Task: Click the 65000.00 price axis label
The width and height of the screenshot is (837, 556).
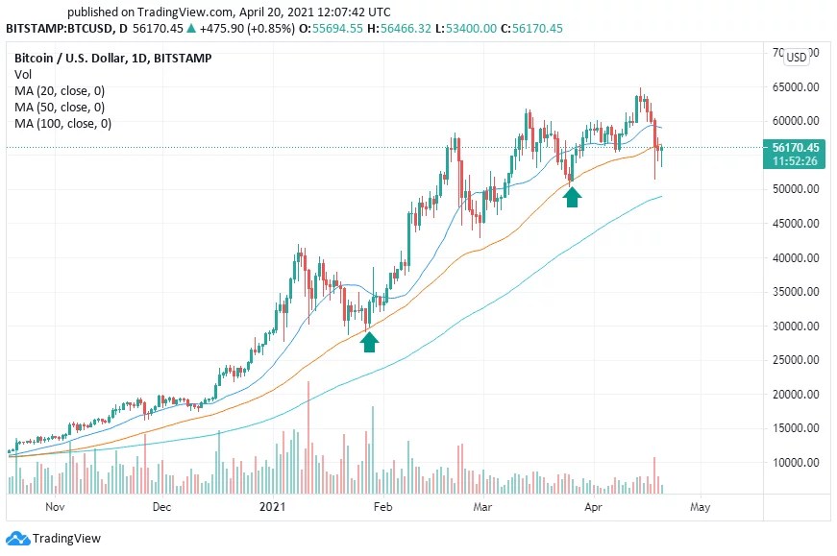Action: [x=798, y=86]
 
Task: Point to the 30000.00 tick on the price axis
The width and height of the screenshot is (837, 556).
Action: [x=798, y=326]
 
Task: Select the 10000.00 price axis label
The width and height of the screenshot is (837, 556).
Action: [x=798, y=462]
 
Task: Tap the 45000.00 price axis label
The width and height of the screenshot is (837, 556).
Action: [x=798, y=223]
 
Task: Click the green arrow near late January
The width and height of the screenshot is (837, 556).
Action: [x=369, y=341]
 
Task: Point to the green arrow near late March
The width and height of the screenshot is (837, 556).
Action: [x=572, y=197]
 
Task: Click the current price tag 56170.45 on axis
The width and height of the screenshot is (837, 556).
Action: [x=795, y=147]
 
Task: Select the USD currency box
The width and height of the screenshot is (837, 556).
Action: [x=797, y=57]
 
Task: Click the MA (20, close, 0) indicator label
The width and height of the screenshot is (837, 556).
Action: [x=60, y=91]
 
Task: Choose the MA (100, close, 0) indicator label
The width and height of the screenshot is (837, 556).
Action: [x=62, y=124]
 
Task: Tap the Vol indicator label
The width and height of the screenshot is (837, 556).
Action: [x=23, y=74]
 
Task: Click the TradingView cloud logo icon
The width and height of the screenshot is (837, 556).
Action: [x=17, y=539]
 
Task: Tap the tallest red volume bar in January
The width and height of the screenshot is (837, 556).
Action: [x=308, y=437]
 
